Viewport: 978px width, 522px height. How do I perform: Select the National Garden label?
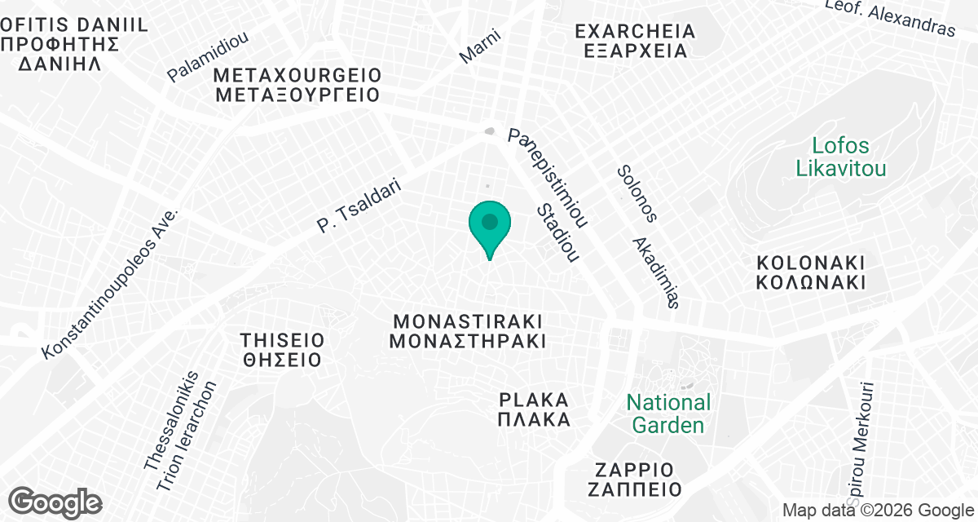(x=668, y=414)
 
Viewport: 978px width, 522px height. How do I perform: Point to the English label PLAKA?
(x=533, y=400)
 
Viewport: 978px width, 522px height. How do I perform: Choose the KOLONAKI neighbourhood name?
(x=810, y=263)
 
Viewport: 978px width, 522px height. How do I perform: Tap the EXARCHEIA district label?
(x=635, y=32)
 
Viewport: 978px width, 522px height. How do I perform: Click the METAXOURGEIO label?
(x=298, y=75)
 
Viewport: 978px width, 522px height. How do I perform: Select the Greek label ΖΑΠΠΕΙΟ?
(x=633, y=490)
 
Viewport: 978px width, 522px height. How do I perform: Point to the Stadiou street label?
(x=557, y=233)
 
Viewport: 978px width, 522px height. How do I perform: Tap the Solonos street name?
(x=637, y=194)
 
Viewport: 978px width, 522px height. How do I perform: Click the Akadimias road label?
(x=656, y=272)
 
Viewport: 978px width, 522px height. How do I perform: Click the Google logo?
(x=55, y=502)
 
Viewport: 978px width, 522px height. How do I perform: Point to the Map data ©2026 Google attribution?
(x=877, y=511)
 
